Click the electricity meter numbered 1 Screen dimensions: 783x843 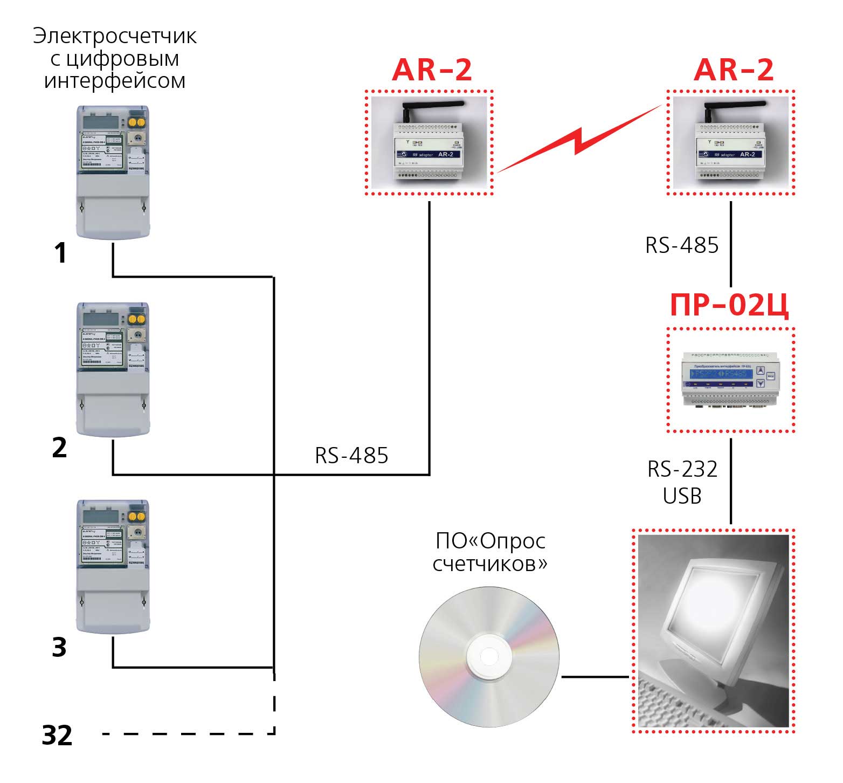point(112,171)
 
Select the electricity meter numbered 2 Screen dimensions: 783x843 point(112,368)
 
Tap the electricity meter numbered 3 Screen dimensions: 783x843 point(112,566)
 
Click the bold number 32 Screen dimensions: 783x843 point(57,736)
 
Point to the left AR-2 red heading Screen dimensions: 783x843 point(432,70)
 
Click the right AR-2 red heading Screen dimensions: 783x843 point(734,70)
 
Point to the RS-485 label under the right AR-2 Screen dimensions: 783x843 point(682,245)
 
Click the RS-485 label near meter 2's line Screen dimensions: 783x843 point(351,456)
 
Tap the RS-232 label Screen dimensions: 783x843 point(682,469)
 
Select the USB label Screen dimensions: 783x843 point(682,496)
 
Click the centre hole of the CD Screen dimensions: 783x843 point(489,656)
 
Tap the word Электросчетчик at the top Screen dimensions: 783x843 point(115,36)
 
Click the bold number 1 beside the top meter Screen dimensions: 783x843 point(61,253)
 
